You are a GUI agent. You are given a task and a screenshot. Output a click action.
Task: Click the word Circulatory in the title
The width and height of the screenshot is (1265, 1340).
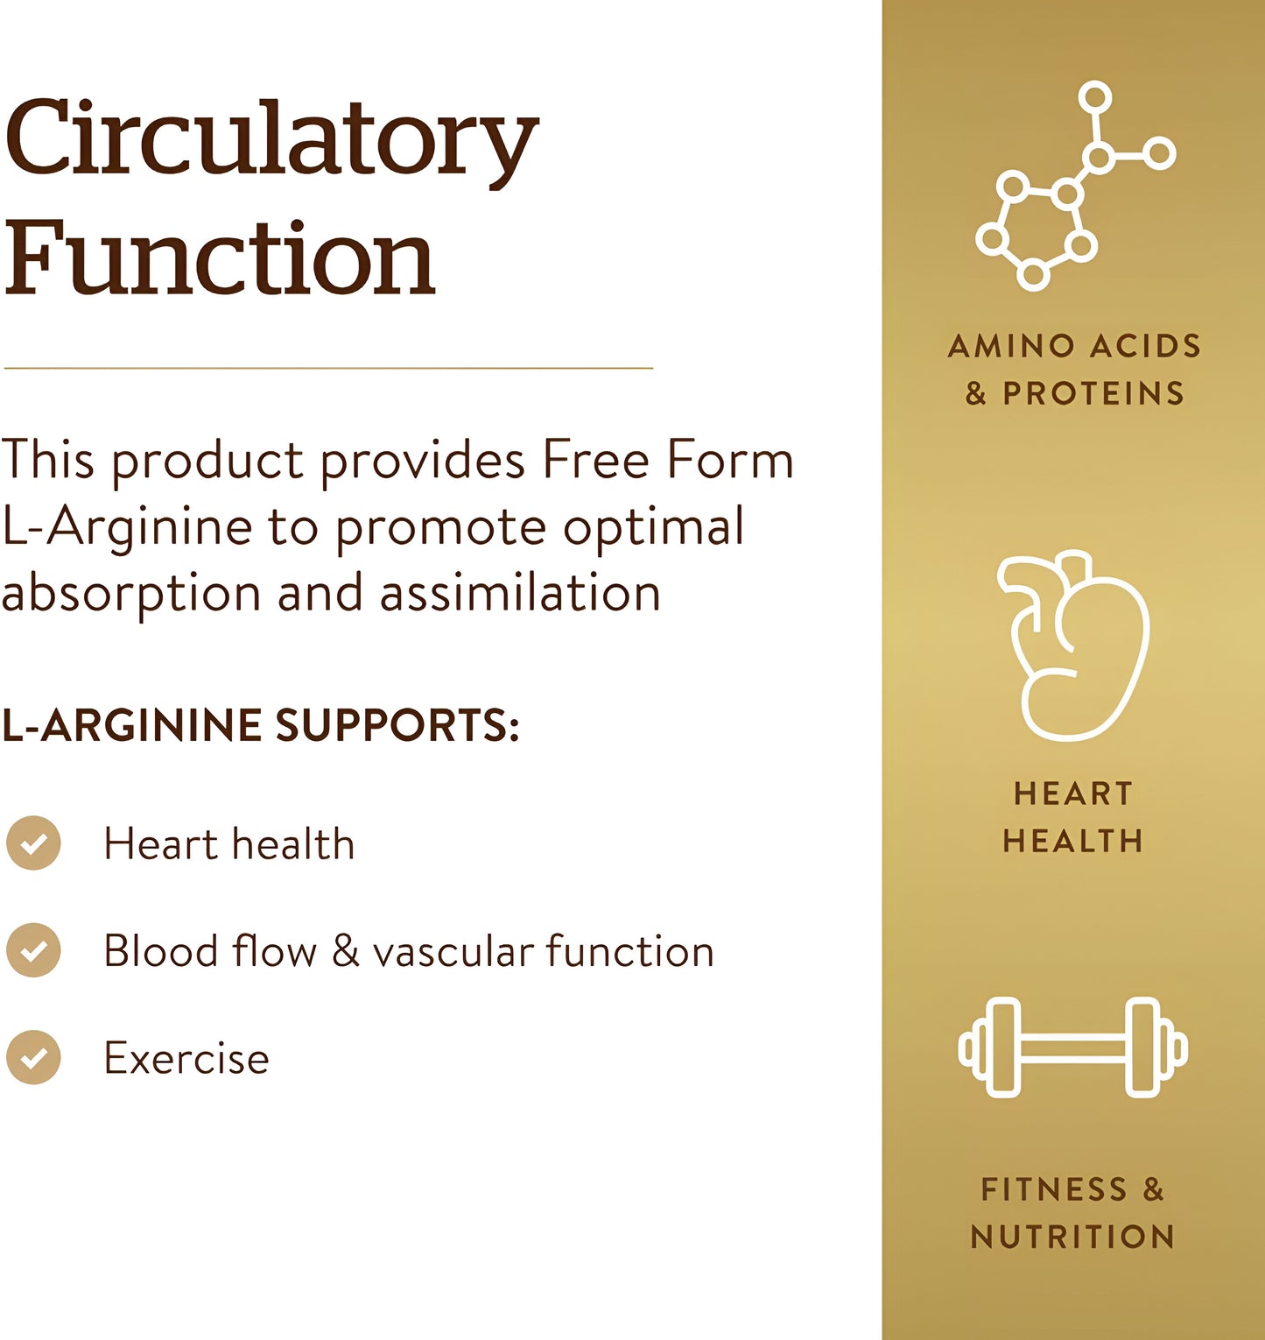click(x=271, y=140)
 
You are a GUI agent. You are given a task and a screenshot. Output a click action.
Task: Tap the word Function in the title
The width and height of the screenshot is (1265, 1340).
click(x=220, y=257)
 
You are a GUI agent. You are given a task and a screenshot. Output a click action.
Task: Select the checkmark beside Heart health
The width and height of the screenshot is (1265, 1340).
click(x=33, y=843)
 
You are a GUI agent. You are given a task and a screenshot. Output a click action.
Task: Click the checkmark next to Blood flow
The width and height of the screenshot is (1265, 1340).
click(x=33, y=950)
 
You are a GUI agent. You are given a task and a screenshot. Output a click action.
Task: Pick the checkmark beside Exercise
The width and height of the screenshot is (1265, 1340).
click(x=33, y=1057)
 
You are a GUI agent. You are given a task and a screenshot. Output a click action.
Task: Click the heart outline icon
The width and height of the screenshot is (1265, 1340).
click(x=1073, y=645)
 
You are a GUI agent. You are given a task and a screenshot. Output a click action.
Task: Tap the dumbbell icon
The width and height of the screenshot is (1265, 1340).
click(x=1073, y=1047)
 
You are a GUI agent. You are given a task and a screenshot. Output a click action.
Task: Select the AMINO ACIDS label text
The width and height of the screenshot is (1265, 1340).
click(x=1074, y=346)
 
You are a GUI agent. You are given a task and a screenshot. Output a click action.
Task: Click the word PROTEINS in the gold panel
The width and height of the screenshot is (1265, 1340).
click(x=1093, y=393)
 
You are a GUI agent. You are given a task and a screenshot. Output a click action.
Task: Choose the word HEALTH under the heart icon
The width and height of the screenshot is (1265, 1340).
click(x=1073, y=841)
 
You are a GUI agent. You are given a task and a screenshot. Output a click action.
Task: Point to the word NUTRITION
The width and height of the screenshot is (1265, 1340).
click(x=1073, y=1237)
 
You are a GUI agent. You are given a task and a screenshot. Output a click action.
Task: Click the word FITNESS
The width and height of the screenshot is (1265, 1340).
click(x=1054, y=1189)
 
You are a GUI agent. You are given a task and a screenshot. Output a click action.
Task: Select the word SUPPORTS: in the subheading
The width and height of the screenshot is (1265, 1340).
click(x=397, y=725)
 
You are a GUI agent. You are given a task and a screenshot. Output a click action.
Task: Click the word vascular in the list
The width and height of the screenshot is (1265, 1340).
click(x=453, y=951)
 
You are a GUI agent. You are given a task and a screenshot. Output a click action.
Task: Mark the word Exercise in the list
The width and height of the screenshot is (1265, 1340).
click(x=186, y=1058)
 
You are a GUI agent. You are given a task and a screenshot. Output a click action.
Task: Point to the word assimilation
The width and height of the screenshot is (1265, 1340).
click(x=520, y=593)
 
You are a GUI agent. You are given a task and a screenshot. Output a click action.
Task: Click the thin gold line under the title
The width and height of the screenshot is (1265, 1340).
click(x=328, y=368)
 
